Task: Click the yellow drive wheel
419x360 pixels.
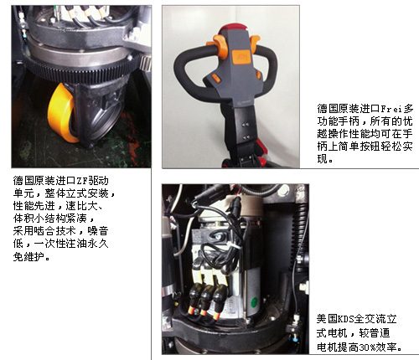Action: coord(61,113)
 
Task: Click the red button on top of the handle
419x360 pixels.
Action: coord(234,28)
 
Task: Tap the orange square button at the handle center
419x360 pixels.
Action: coord(240,57)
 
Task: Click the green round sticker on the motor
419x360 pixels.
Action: coord(254,302)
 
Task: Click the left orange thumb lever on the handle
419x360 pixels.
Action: coord(217,45)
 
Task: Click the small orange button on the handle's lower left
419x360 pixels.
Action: coord(216,78)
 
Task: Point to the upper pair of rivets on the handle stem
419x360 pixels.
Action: coord(246,125)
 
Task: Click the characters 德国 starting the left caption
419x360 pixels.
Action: coord(23,181)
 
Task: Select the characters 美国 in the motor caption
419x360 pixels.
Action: coord(327,319)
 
